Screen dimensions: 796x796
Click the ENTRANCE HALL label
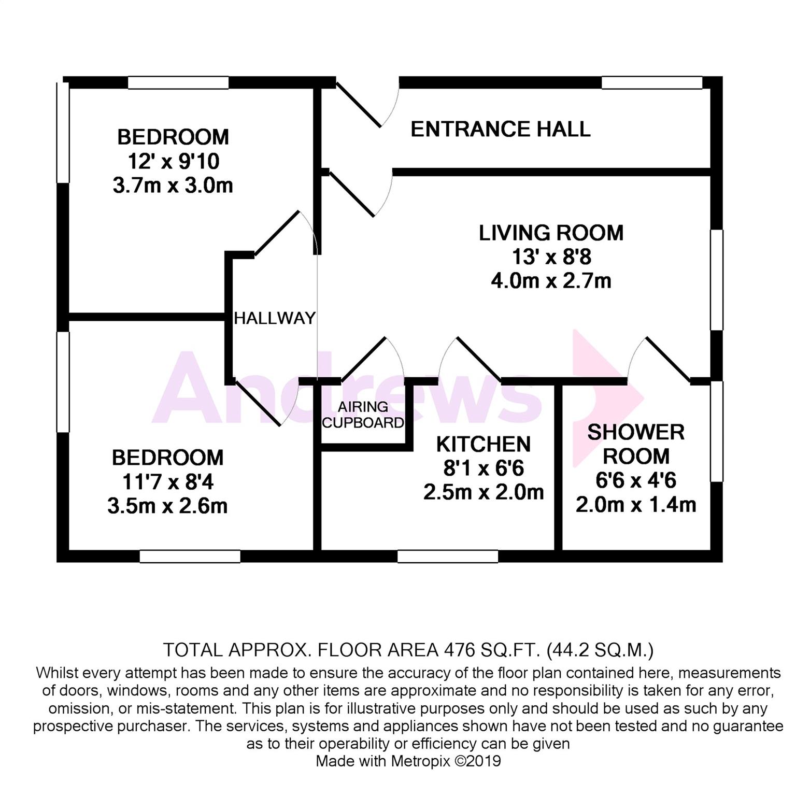pos(500,129)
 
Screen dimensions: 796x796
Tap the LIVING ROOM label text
pos(551,233)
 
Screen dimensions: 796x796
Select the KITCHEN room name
pos(483,444)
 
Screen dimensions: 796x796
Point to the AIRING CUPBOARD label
pos(363,415)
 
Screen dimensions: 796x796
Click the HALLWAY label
pos(275,318)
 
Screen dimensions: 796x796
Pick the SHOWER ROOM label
pos(636,444)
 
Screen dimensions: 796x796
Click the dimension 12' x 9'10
pos(173,161)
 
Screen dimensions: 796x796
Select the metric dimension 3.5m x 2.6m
pos(167,506)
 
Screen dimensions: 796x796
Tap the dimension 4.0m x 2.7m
pos(551,281)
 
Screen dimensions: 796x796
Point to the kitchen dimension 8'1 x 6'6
pos(483,468)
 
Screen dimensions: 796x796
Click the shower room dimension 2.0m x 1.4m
pos(636,504)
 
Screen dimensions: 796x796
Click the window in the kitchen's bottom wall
pos(448,556)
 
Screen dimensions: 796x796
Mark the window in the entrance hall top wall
pos(651,82)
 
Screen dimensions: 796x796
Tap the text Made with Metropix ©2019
pos(408,761)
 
